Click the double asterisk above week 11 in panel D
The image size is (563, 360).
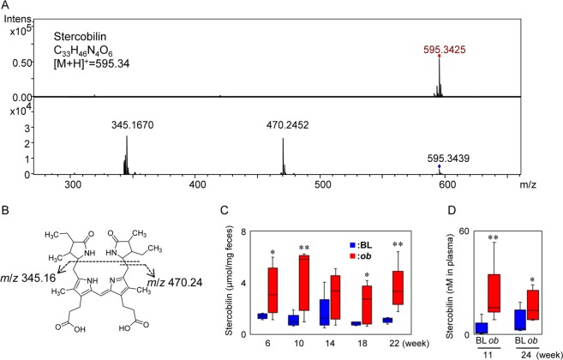[494, 237]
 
